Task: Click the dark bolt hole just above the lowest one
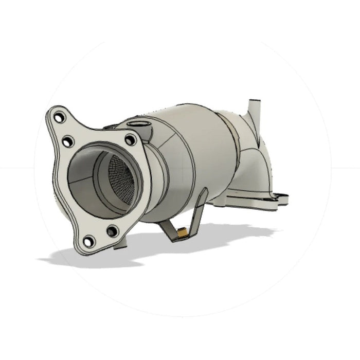tap(112, 230)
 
